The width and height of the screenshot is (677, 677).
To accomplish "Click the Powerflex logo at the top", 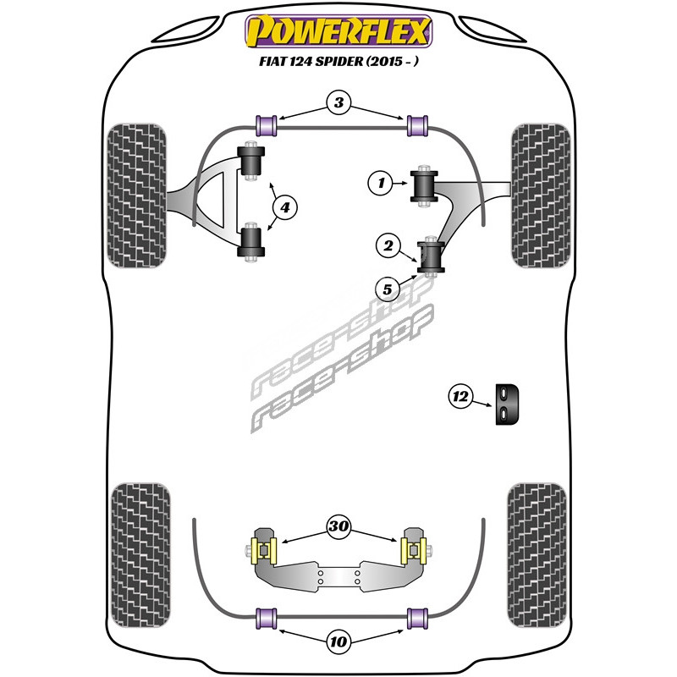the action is [x=338, y=31].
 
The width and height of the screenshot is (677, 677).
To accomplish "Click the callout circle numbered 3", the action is [x=339, y=102].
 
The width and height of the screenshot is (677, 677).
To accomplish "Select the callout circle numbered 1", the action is [x=381, y=183].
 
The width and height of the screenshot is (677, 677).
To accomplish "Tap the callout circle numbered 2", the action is [x=388, y=246].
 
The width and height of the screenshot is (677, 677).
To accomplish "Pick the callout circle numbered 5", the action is [x=388, y=289].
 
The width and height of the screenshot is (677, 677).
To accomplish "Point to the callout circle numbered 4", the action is [x=285, y=207].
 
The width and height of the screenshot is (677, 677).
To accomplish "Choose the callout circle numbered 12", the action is [x=460, y=396].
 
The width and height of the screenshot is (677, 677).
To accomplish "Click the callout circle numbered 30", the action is [x=338, y=526].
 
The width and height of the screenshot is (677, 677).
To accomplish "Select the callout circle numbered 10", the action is [x=338, y=641].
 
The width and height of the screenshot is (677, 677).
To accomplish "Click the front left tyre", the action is [x=136, y=195].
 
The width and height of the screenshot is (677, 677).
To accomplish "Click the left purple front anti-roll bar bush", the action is [x=267, y=125].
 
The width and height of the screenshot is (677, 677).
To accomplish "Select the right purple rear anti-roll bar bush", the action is [x=417, y=618].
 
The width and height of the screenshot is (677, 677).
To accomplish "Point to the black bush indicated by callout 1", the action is [x=424, y=185].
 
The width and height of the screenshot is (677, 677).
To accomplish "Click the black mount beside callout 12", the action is [x=507, y=405].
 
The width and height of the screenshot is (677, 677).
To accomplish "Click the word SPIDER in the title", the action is [x=339, y=61].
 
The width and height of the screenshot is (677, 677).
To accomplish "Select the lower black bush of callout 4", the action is [x=250, y=242].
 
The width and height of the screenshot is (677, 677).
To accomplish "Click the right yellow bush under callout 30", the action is [x=414, y=552].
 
